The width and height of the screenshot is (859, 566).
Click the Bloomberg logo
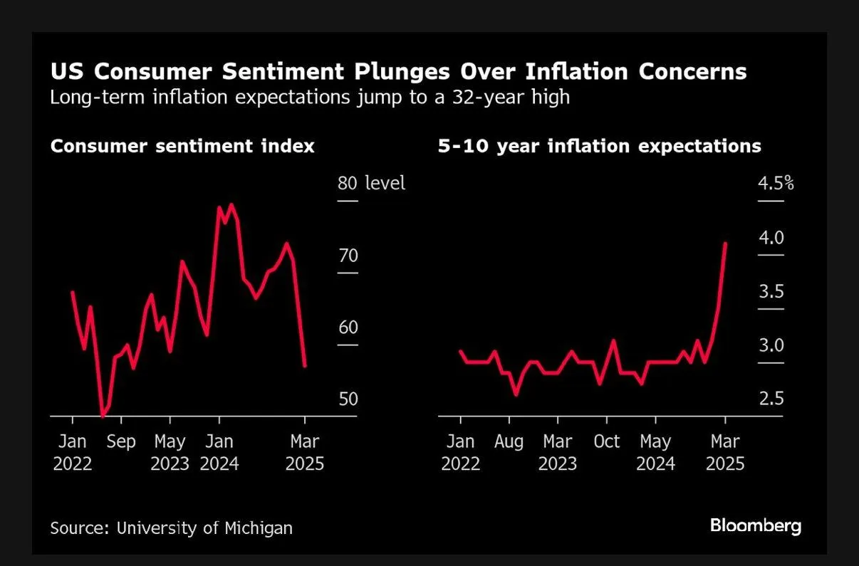(x=755, y=526)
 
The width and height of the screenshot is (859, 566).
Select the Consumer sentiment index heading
(x=182, y=146)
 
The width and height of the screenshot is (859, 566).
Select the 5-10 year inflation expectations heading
(x=598, y=146)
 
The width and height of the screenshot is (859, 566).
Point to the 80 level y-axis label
(x=370, y=183)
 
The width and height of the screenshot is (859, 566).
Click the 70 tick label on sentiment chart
(x=348, y=256)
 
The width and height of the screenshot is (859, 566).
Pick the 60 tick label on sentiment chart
(x=348, y=327)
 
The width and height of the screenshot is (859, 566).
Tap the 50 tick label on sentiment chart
(x=348, y=399)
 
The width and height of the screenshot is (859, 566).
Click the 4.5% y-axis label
(x=776, y=184)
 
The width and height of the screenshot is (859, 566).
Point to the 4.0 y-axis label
(x=771, y=238)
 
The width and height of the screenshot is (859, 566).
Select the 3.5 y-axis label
(x=771, y=292)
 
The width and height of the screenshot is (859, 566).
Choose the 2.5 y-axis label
(x=771, y=399)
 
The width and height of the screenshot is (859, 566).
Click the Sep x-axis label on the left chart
(x=121, y=441)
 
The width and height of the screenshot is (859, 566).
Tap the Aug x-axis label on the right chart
(x=509, y=441)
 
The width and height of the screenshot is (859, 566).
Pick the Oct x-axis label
(x=606, y=441)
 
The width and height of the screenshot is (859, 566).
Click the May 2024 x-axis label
(x=655, y=453)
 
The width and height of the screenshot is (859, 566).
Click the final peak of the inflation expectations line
(x=725, y=243)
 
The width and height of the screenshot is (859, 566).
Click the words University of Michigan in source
(x=204, y=528)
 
